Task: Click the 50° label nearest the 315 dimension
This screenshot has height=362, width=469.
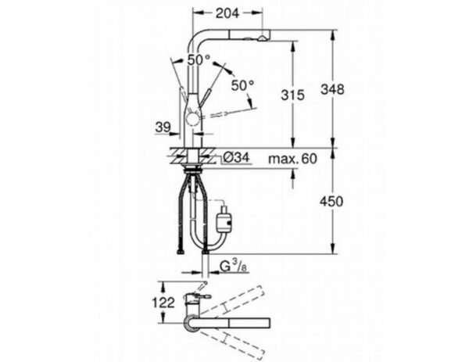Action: [x=242, y=84]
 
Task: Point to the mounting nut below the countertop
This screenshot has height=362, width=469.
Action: [x=191, y=166]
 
